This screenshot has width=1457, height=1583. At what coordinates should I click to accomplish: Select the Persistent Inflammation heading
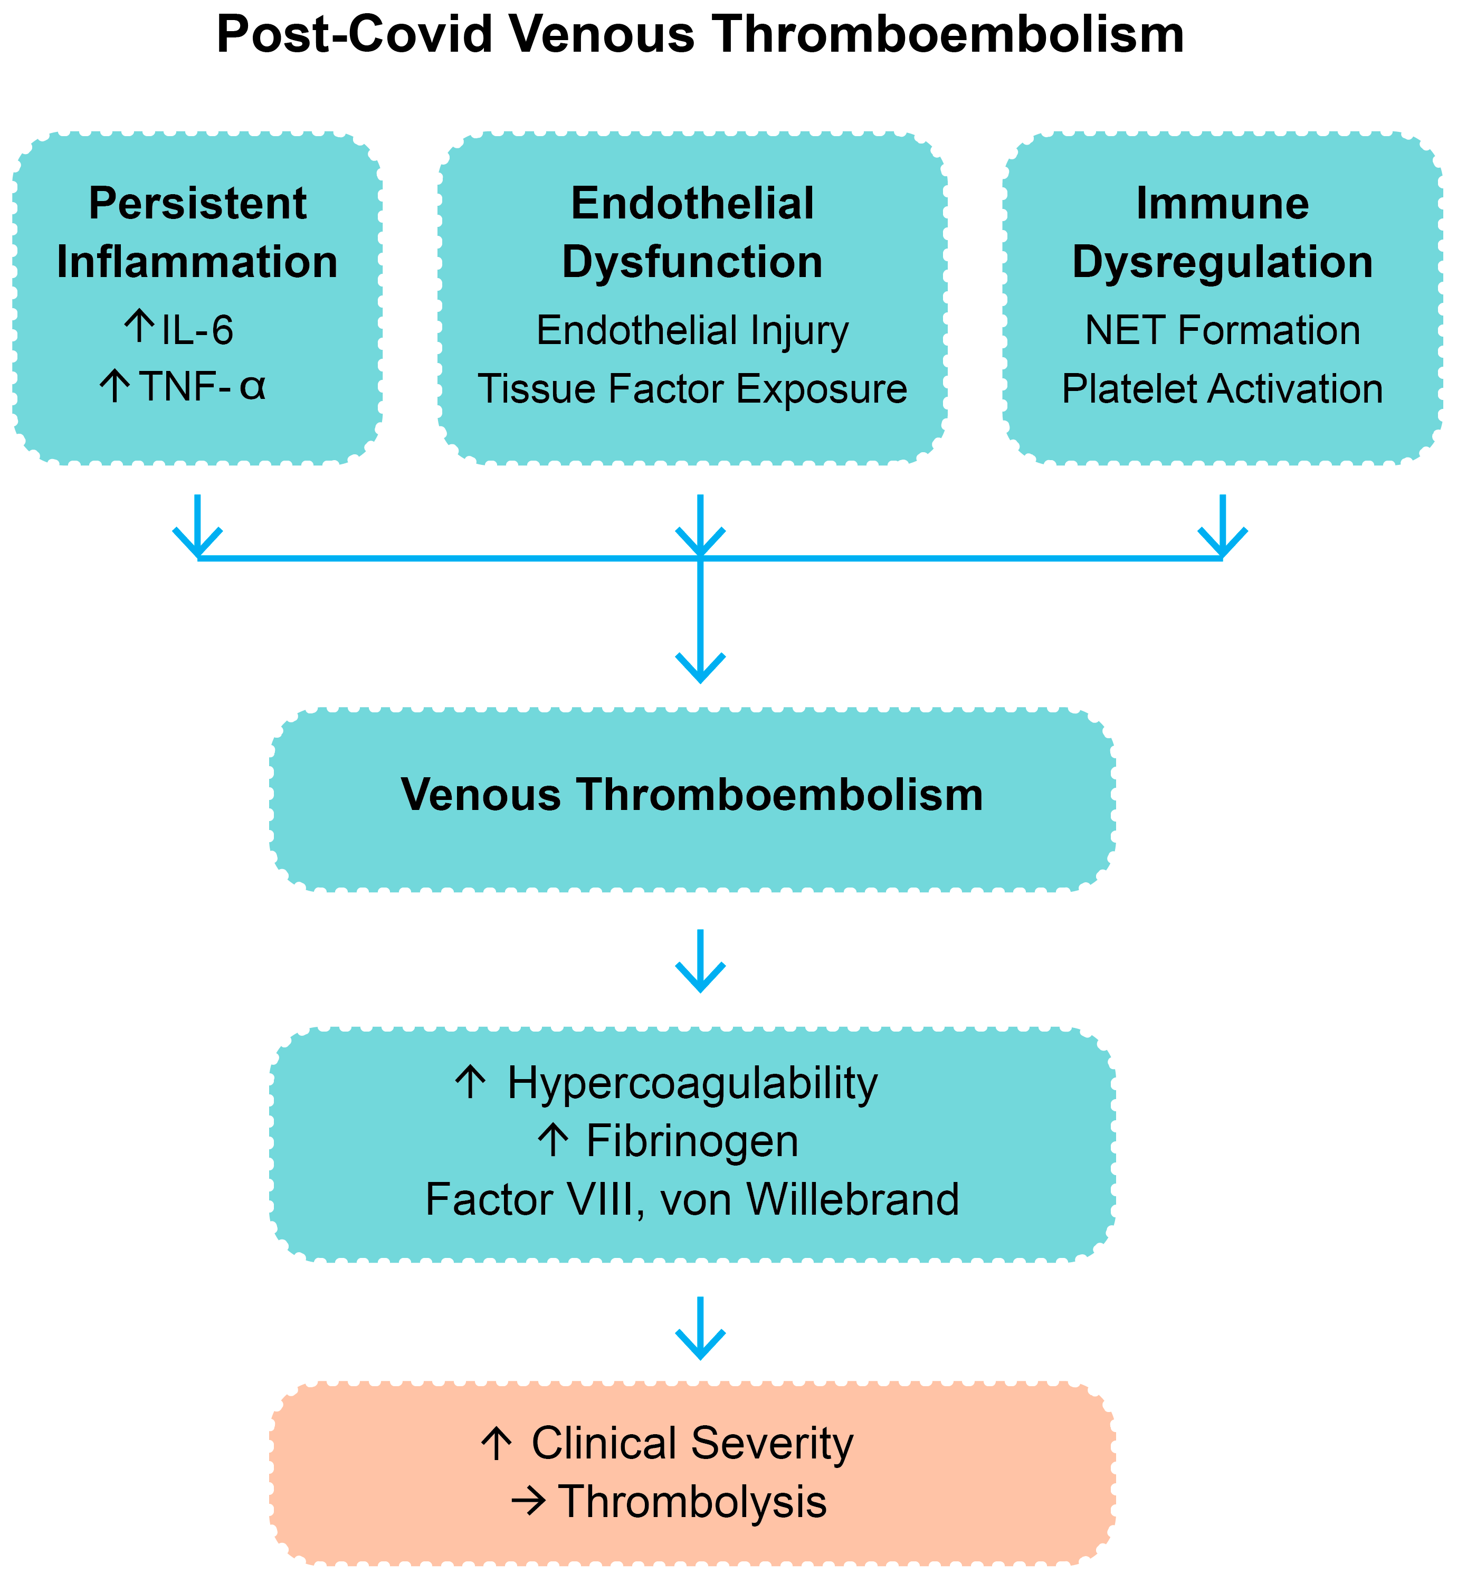click(197, 233)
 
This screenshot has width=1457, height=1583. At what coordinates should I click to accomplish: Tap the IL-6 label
click(197, 330)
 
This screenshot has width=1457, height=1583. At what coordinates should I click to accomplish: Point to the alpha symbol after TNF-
click(252, 386)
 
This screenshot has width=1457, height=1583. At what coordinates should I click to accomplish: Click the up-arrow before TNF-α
click(115, 386)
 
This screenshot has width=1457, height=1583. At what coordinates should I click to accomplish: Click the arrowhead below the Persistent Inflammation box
click(197, 544)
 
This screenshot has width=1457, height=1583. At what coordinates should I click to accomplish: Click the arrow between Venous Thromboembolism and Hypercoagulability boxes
click(700, 962)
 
